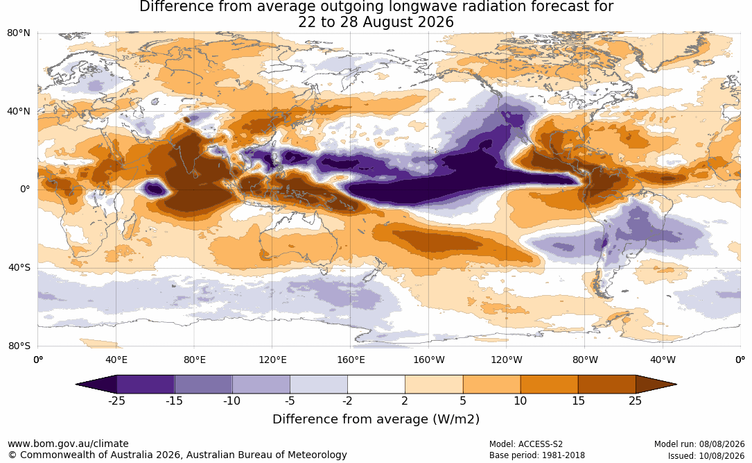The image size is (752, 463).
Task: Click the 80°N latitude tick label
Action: (18, 33)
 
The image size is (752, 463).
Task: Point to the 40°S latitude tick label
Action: (19, 267)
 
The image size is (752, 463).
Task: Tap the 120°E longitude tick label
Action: (272, 360)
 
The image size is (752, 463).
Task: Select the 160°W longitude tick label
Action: (429, 360)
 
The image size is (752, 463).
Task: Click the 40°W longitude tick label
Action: (663, 360)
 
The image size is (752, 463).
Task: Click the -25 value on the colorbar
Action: (116, 401)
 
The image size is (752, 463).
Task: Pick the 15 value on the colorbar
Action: (578, 401)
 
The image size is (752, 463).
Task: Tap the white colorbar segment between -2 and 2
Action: (376, 385)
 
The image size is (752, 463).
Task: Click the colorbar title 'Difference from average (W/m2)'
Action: (376, 419)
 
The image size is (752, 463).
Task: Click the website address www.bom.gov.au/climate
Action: (68, 444)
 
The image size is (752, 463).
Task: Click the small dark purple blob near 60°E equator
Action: (155, 189)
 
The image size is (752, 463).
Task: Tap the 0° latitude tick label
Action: (25, 190)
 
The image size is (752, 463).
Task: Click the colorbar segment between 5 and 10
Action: (491, 385)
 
